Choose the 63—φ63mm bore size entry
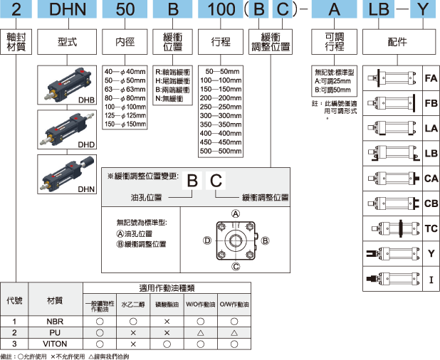[125, 90]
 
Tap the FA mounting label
[430, 78]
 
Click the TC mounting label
[430, 228]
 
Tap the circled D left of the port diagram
[206, 241]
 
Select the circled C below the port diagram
[236, 268]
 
